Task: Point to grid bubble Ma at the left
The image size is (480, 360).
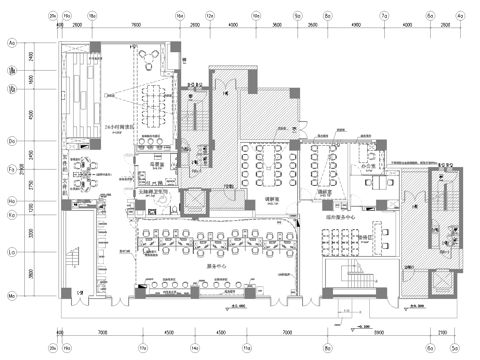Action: click(12, 296)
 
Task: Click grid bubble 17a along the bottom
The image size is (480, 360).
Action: click(142, 347)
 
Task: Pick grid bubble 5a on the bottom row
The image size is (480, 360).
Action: click(454, 347)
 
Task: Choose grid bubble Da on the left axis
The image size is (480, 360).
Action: click(12, 143)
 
